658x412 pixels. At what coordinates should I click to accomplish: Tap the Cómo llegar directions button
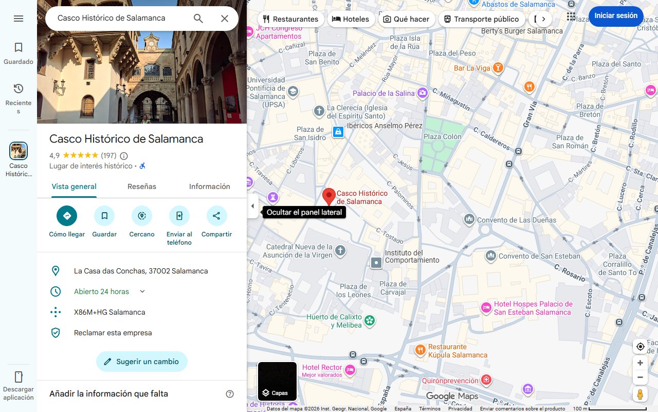coord(67,216)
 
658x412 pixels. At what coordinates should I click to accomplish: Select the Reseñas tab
coord(142,186)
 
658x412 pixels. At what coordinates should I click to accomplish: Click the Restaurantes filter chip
coord(290,19)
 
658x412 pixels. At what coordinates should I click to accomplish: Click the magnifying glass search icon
coord(198,19)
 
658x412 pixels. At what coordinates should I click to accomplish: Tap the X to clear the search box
coord(225,19)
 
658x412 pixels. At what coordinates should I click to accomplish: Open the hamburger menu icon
coord(19,19)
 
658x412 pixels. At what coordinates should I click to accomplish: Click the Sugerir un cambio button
coord(142,362)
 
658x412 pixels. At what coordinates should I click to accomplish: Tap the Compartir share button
coord(216,216)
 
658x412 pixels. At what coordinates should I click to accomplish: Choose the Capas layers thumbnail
coord(277,382)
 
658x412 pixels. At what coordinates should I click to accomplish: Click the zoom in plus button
coord(640,363)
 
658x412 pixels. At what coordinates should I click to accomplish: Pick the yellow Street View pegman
coord(640,394)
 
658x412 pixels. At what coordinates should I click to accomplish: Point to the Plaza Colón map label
coord(442,136)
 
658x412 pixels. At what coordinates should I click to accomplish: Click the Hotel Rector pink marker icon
coord(350,370)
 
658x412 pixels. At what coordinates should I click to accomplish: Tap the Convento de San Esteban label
coord(539,256)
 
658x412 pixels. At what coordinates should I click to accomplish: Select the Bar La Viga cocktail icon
coord(497,68)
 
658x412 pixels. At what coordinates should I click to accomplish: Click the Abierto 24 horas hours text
coord(101,291)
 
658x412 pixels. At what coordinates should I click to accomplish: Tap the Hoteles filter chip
coord(351,19)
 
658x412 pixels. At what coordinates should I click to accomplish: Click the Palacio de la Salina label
coord(383,93)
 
